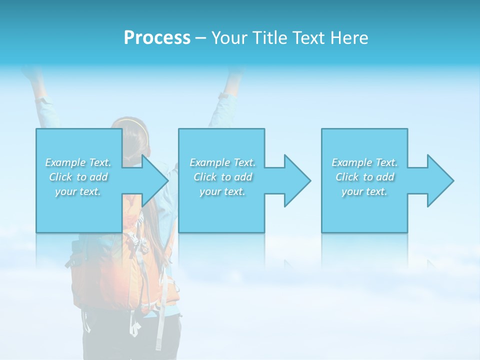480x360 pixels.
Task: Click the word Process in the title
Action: tap(157, 38)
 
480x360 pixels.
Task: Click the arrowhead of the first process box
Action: tap(155, 180)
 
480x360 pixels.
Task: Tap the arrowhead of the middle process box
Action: tap(297, 180)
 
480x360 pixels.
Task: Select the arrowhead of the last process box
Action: tap(440, 180)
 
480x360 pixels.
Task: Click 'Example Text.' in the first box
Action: tap(78, 162)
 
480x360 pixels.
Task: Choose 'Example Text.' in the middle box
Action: tap(222, 162)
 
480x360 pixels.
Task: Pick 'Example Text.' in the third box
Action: tap(364, 162)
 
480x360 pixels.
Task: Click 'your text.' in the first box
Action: tap(78, 191)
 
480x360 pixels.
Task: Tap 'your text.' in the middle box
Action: tap(222, 191)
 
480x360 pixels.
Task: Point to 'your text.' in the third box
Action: tap(364, 191)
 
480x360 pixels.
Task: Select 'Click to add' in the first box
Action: tap(78, 177)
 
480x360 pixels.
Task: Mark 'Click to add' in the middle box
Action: tap(222, 177)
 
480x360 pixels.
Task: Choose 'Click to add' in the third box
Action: tap(365, 177)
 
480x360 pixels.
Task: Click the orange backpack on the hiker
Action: tap(100, 280)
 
